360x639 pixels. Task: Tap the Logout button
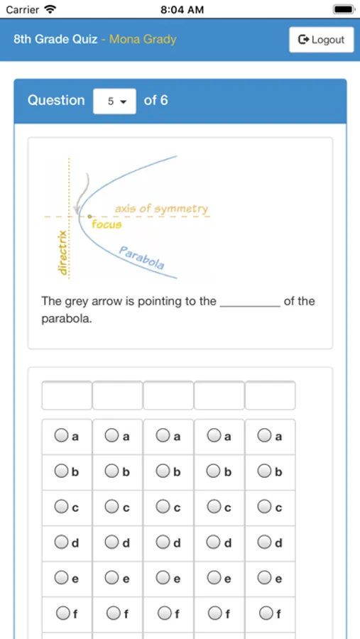point(321,40)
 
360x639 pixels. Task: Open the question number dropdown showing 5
point(114,101)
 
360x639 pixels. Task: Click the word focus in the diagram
point(107,224)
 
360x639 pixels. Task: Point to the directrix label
point(62,252)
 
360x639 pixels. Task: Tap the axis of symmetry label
point(161,209)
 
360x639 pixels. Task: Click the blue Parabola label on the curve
point(142,258)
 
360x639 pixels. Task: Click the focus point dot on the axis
point(89,216)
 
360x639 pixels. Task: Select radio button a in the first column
point(62,435)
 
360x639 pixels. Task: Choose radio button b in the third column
point(163,471)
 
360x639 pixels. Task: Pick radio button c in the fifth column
point(265,506)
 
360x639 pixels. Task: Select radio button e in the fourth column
point(214,578)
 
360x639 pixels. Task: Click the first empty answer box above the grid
point(67,395)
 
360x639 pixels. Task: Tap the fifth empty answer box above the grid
point(270,395)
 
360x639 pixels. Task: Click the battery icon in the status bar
point(343,9)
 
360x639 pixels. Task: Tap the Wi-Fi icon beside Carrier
point(50,9)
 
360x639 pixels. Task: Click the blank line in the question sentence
point(250,302)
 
